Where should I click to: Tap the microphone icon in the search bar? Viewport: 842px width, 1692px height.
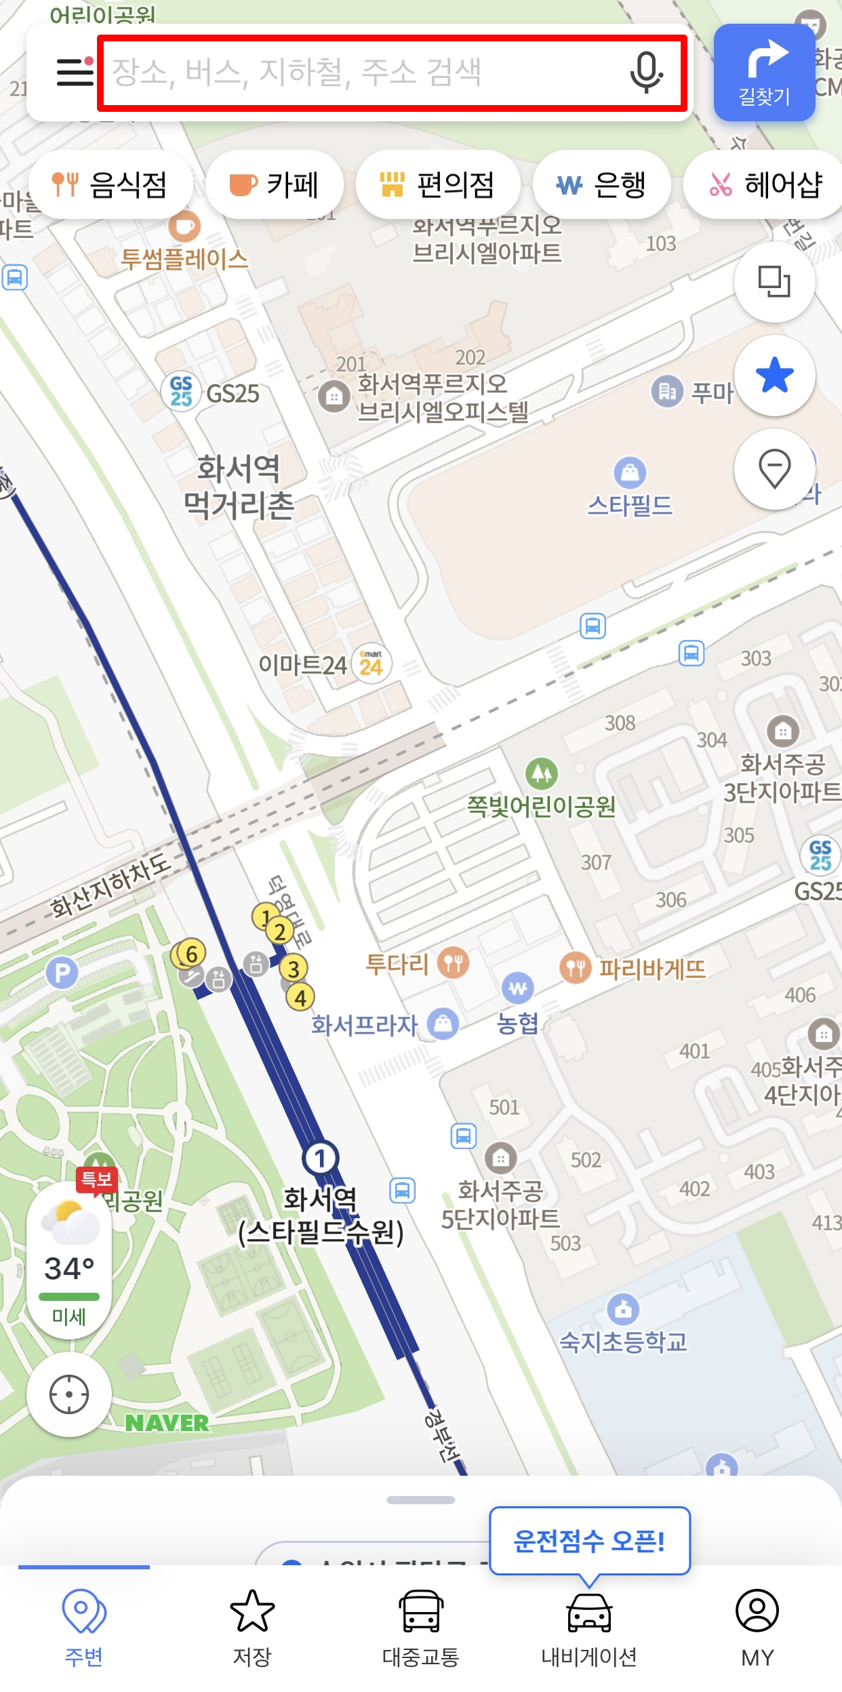tap(645, 72)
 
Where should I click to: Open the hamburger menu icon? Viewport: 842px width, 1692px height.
tap(75, 72)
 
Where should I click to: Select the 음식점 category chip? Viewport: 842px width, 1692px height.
tap(111, 184)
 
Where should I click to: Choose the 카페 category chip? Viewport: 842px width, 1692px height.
tap(275, 184)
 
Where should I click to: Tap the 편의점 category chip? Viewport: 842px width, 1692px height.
tap(438, 184)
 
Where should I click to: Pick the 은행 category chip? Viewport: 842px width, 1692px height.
tap(601, 184)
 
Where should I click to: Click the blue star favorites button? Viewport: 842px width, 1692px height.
tap(774, 376)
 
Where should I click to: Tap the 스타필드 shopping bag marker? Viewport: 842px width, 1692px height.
tap(630, 472)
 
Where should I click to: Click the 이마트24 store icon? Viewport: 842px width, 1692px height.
tap(371, 664)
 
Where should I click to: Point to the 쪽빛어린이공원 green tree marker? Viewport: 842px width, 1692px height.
tap(542, 773)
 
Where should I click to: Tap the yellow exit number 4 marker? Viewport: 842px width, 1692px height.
tap(300, 997)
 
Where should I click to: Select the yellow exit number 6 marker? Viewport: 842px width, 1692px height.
tap(191, 954)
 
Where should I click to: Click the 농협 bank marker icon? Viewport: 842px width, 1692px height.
tap(517, 988)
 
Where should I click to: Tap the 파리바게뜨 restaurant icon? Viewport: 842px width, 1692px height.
tap(576, 967)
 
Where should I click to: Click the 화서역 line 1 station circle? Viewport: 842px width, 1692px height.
tap(321, 1158)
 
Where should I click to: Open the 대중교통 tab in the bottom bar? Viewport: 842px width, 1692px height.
tap(421, 1627)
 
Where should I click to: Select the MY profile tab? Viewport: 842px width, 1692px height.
tap(757, 1627)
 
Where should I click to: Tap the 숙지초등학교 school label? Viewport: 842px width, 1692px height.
tap(623, 1342)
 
